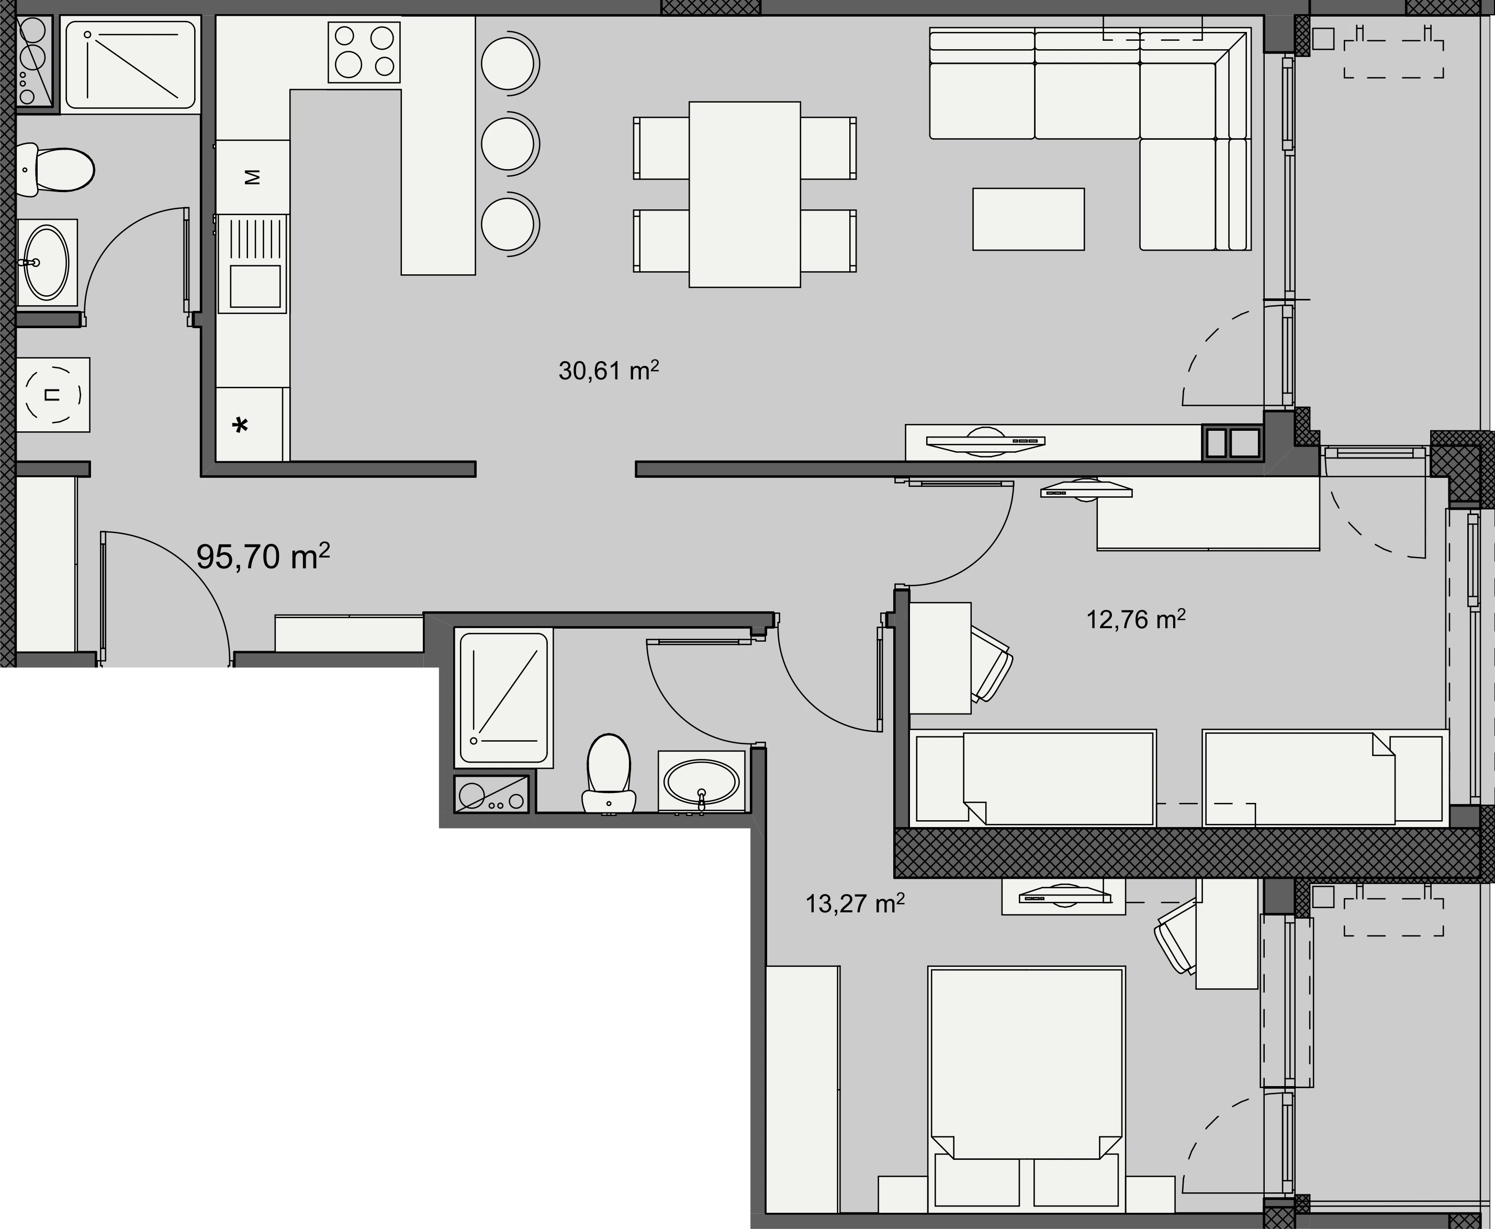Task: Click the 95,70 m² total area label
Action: coord(263,556)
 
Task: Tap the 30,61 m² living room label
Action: coord(609,370)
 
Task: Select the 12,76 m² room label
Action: coord(1136,619)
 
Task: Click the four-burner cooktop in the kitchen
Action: coord(364,52)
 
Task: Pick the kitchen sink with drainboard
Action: coord(253,263)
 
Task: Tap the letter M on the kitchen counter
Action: coord(252,177)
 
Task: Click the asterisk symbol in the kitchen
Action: coord(241,425)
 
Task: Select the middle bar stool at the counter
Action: coord(510,144)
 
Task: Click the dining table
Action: coord(745,194)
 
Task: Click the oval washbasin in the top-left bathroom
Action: coord(47,263)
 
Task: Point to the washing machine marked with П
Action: coord(53,394)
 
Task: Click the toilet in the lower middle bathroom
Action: coord(609,773)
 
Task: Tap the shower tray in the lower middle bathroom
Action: coord(503,697)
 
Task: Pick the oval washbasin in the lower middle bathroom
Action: coord(702,781)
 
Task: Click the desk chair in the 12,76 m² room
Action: coord(991,664)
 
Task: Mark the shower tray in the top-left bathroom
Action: coord(131,64)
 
